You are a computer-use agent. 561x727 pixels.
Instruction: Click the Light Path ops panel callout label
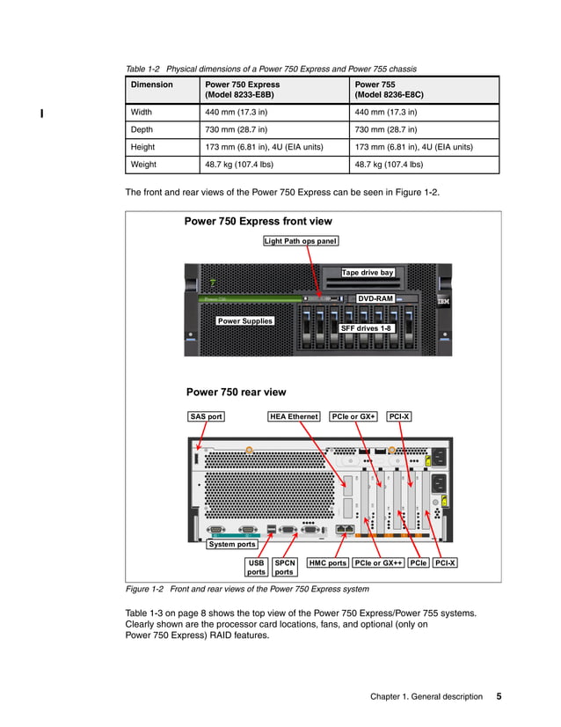point(302,240)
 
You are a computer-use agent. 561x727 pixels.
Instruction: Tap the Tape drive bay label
point(368,273)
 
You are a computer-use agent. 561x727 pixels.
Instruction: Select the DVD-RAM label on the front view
point(375,298)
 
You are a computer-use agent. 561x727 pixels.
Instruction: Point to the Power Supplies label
point(245,321)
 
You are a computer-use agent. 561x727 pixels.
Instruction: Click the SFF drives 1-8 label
point(366,328)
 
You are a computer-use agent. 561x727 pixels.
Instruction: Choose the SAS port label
point(207,416)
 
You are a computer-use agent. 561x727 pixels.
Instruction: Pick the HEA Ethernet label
point(294,416)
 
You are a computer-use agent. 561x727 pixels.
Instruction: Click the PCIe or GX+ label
point(354,416)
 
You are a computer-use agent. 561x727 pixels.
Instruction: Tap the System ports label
point(232,544)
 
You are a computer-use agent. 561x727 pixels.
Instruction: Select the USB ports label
point(256,567)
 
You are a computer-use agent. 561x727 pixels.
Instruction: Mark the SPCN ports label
point(285,567)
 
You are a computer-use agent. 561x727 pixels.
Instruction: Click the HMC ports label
point(327,562)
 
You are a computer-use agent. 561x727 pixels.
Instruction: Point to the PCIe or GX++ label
point(378,562)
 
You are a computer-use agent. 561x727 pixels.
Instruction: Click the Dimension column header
point(152,84)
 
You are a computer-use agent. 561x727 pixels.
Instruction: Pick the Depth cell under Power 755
point(383,129)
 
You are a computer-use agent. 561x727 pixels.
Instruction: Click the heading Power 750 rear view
point(236,393)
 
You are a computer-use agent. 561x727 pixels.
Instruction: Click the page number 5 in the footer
point(499,696)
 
